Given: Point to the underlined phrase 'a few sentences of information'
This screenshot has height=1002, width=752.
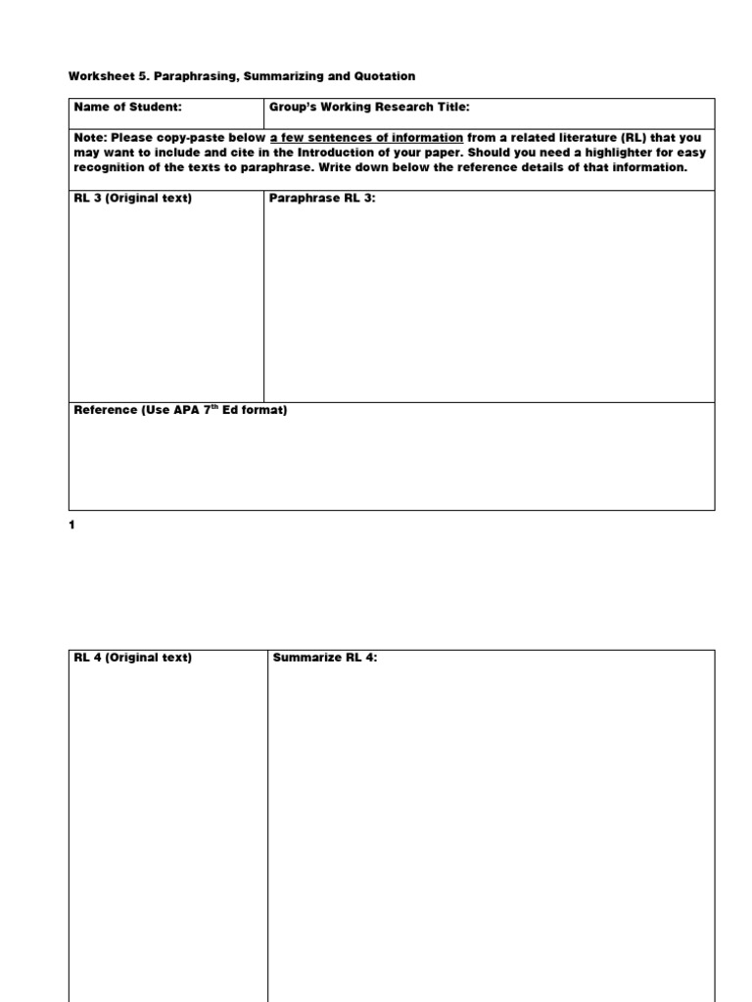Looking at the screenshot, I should pos(366,138).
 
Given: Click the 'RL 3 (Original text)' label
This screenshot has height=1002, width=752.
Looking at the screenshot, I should pos(133,199).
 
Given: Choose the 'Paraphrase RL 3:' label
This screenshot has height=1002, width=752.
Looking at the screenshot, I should pos(322,199).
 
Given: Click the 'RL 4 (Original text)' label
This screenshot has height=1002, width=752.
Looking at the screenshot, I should pos(133,658).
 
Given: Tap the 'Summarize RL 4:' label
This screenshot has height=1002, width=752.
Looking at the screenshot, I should pos(325,658).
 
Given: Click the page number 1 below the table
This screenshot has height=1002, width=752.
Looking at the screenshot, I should pos(71,524).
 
